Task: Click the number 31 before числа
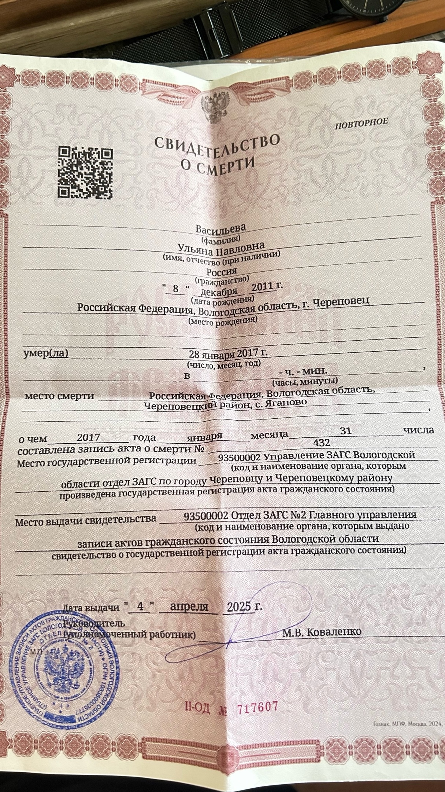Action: click(346, 431)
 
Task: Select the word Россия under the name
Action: click(222, 272)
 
